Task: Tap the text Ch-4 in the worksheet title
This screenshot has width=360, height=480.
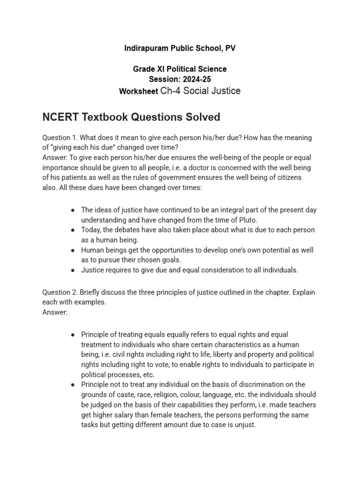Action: (x=171, y=91)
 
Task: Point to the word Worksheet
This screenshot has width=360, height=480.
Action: (x=139, y=91)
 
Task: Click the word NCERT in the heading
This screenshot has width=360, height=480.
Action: (x=60, y=117)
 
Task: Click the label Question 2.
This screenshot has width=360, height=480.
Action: (x=60, y=292)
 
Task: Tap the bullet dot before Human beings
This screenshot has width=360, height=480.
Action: (x=73, y=250)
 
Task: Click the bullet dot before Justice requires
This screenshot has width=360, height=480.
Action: (x=73, y=270)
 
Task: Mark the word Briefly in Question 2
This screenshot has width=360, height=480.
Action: (x=90, y=292)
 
